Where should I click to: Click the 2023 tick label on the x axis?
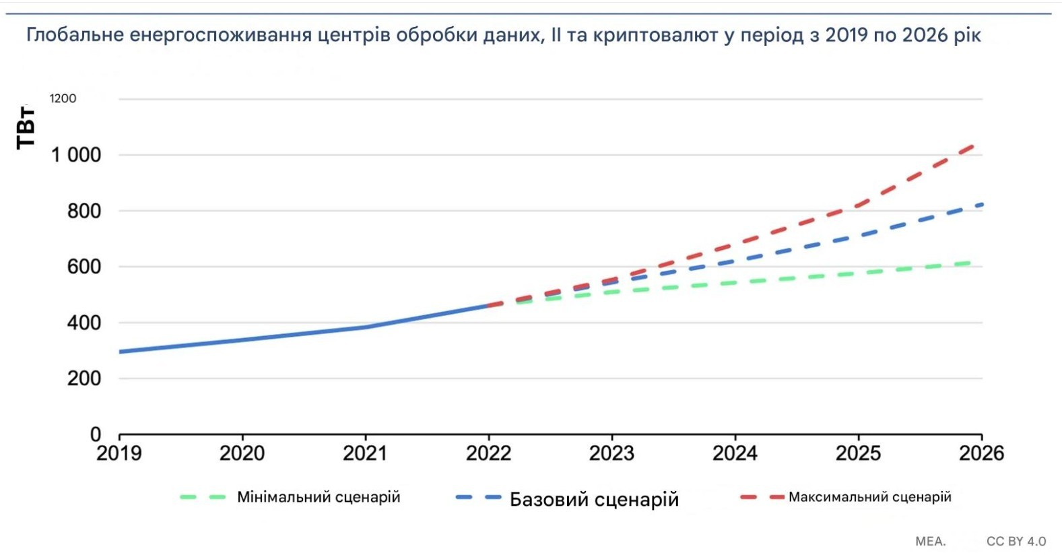coord(611,453)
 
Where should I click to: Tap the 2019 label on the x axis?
coord(119,453)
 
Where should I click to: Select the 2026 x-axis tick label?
coord(981,453)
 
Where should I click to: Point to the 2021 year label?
coord(365,453)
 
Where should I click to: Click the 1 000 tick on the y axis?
coord(76,155)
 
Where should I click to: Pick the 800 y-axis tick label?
coord(84,211)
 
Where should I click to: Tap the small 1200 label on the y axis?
coord(63,98)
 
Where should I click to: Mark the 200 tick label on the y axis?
coord(84,379)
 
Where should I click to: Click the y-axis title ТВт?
coord(26,127)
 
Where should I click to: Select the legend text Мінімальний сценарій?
coord(319,498)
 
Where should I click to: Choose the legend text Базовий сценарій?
coord(594,499)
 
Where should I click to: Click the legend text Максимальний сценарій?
coord(869,497)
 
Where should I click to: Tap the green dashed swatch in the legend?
coord(202,498)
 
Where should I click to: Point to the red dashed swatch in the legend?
coord(762,497)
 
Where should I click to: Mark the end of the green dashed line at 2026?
coord(970,263)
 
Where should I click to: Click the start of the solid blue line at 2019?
coord(121,352)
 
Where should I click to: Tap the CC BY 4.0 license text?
coord(1016,542)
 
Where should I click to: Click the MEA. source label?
coord(930,542)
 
